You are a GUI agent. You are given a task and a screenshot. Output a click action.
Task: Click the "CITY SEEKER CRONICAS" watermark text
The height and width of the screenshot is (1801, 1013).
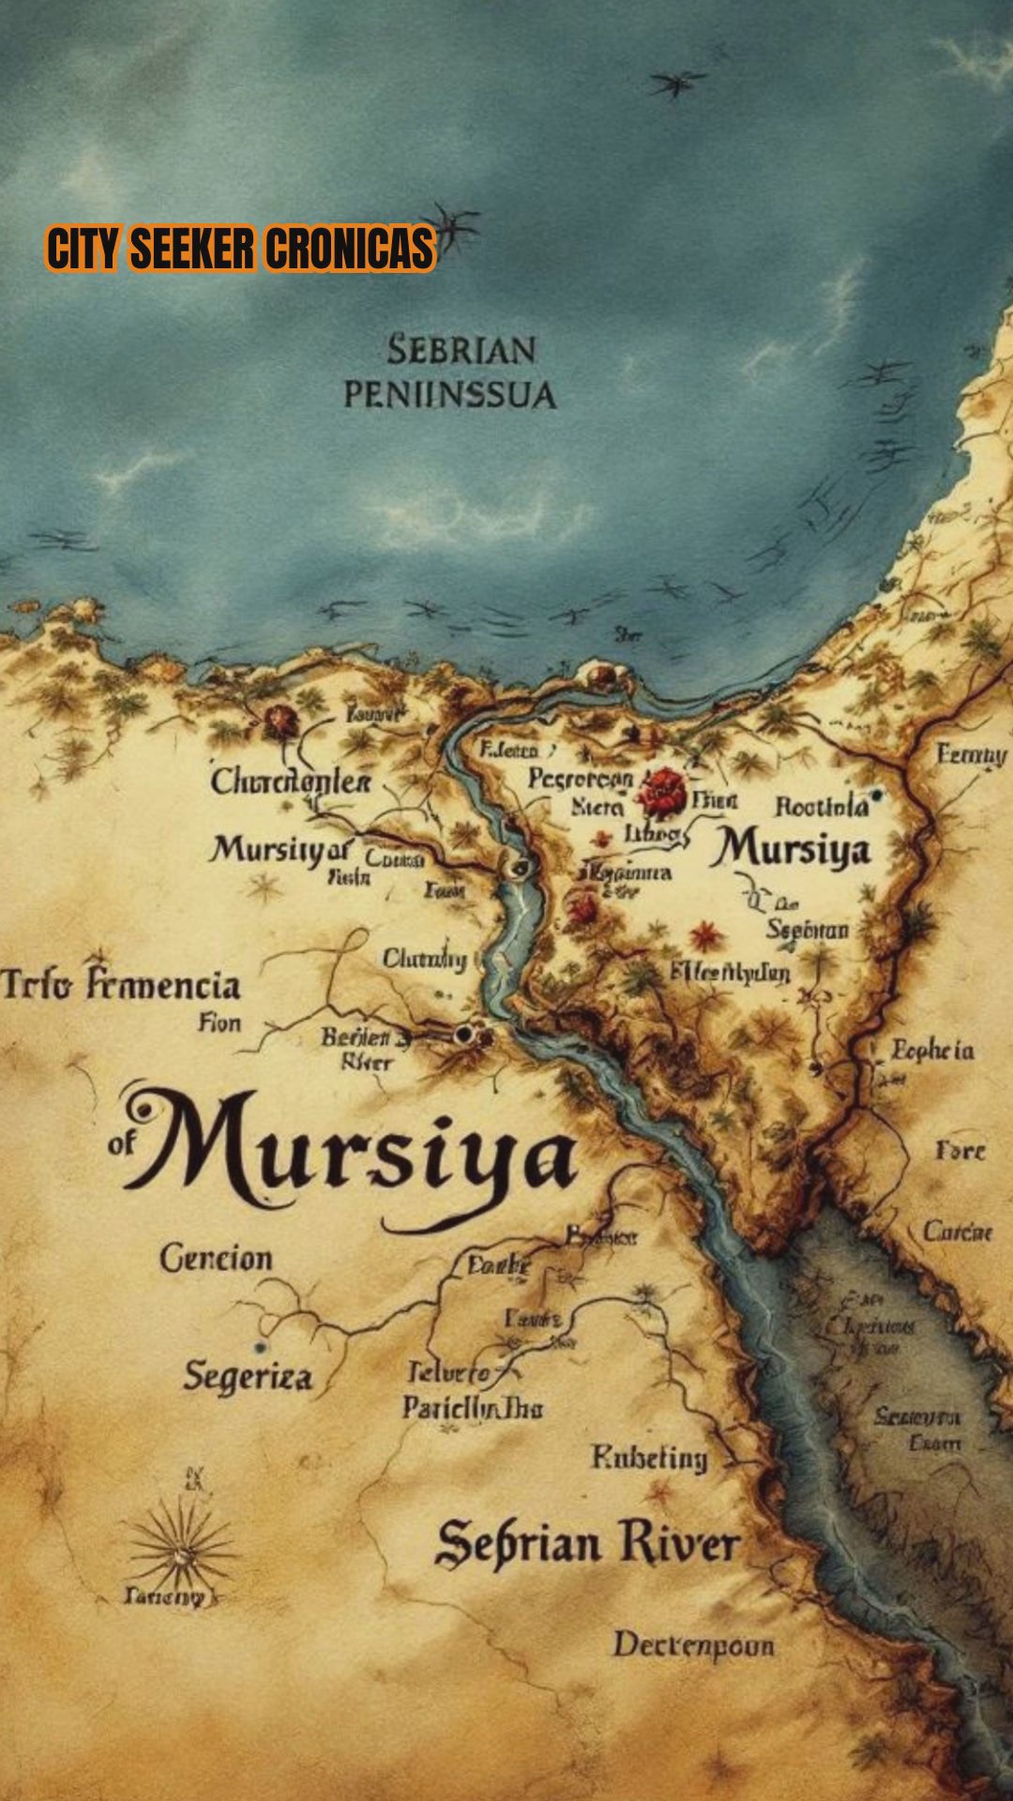pyautogui.click(x=240, y=249)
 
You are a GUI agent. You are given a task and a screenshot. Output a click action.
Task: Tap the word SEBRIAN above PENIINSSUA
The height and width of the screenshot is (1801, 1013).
pyautogui.click(x=461, y=351)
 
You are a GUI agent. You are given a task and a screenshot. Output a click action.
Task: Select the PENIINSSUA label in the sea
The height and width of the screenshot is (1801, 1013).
pyautogui.click(x=449, y=395)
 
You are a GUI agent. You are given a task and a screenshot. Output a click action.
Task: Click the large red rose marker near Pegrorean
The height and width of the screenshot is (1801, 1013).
pyautogui.click(x=664, y=791)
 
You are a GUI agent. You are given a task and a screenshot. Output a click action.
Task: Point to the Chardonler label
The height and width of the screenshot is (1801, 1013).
pyautogui.click(x=291, y=781)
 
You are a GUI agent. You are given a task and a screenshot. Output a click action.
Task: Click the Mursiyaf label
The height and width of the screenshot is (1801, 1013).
pyautogui.click(x=280, y=850)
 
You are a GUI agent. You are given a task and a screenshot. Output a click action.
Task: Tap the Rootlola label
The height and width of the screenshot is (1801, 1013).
pyautogui.click(x=822, y=807)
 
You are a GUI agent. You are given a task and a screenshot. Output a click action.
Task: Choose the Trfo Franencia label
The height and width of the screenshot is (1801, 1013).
pyautogui.click(x=121, y=986)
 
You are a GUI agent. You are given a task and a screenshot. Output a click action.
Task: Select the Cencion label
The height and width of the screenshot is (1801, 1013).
pyautogui.click(x=216, y=1258)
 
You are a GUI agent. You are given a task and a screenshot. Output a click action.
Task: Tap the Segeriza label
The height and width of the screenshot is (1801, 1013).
pyautogui.click(x=248, y=1377)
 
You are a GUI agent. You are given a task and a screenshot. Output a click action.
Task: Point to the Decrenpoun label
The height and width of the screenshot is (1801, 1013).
pyautogui.click(x=694, y=1645)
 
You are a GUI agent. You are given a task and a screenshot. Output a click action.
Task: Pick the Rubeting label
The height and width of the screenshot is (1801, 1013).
pyautogui.click(x=649, y=1458)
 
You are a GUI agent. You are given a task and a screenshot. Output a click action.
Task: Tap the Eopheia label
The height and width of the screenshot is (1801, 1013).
pyautogui.click(x=932, y=1051)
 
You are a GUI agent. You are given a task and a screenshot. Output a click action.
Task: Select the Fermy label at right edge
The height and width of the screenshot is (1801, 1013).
pyautogui.click(x=971, y=755)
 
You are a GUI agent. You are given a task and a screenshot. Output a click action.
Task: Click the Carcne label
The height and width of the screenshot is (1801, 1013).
pyautogui.click(x=957, y=1231)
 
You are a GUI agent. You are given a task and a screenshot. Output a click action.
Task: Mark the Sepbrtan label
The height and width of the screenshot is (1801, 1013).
pyautogui.click(x=808, y=930)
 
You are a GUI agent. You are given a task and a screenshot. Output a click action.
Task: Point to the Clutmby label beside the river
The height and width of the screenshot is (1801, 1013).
pyautogui.click(x=424, y=959)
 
